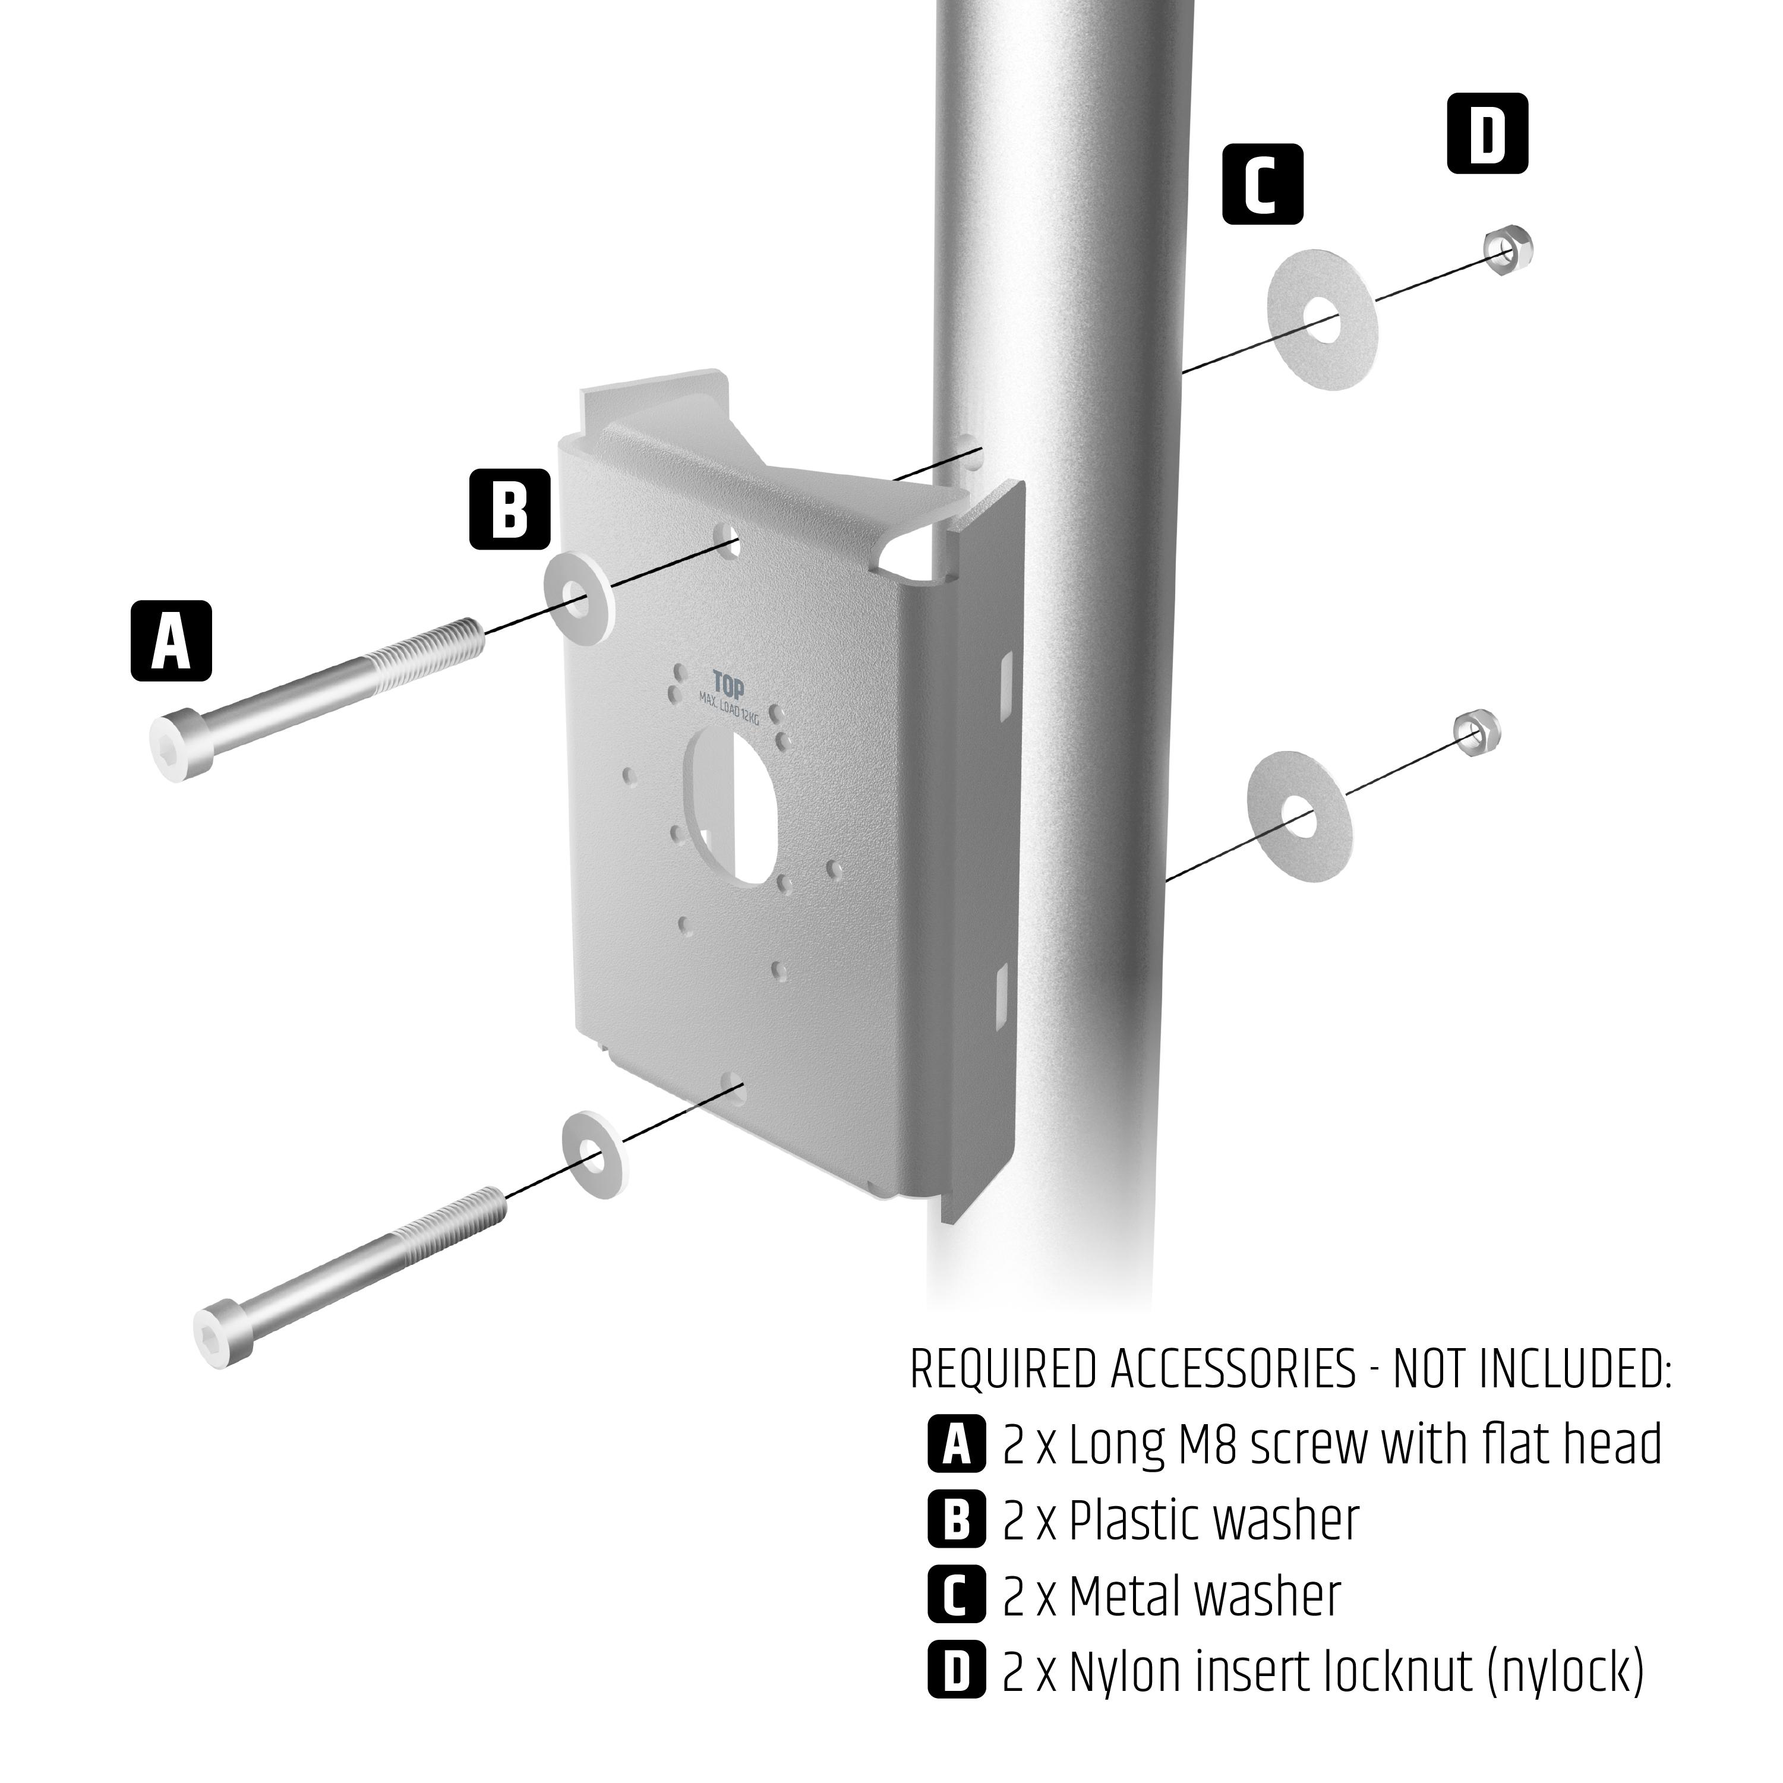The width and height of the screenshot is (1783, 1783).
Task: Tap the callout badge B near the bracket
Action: [x=510, y=509]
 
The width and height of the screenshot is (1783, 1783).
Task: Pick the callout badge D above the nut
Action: [x=1487, y=134]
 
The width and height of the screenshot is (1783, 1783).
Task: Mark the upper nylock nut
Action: [x=1508, y=247]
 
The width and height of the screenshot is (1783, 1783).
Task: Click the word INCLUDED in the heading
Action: [x=1573, y=1369]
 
